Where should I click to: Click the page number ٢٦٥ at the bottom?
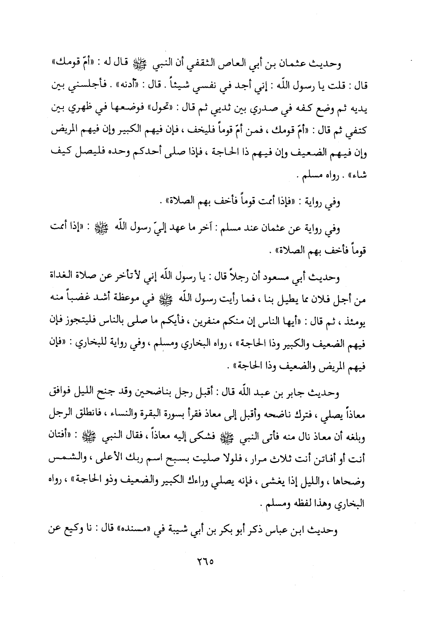pos(205,560)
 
